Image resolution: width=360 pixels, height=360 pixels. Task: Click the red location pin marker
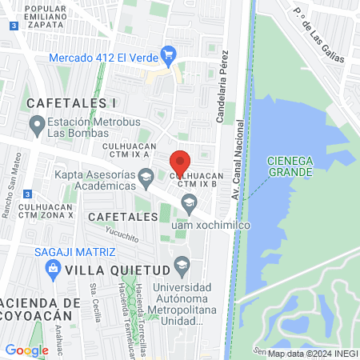[x=181, y=162]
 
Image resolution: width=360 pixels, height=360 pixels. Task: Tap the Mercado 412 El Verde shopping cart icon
[x=168, y=55]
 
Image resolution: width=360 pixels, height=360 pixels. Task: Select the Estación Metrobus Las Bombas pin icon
[x=36, y=124]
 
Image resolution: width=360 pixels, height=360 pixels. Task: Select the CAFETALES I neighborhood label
[x=71, y=103]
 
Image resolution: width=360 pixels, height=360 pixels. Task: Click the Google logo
[x=26, y=350]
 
